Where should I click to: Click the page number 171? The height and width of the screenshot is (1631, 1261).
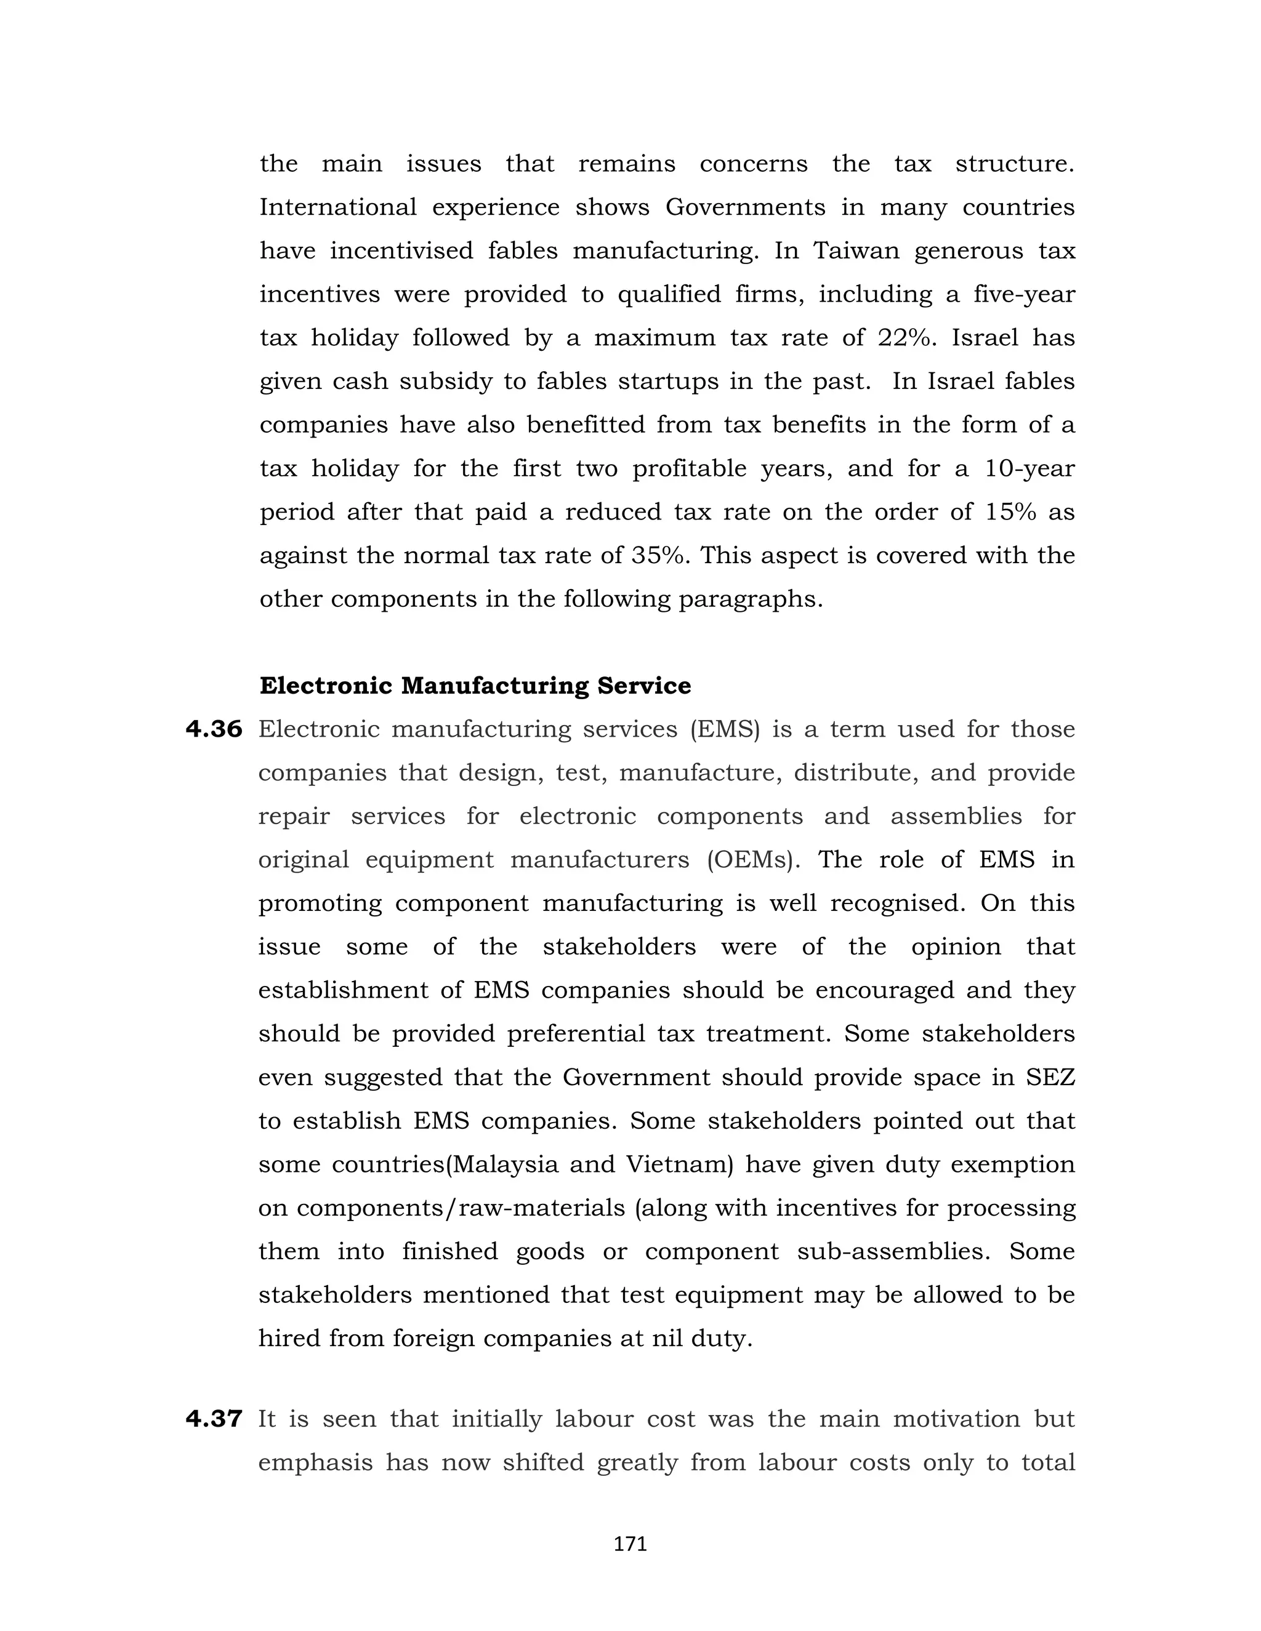[x=630, y=1544]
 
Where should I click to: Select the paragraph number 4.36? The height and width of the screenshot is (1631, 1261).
[x=214, y=729]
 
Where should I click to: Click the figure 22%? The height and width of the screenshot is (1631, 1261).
[x=906, y=337]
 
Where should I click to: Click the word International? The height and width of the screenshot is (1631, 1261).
[x=337, y=207]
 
